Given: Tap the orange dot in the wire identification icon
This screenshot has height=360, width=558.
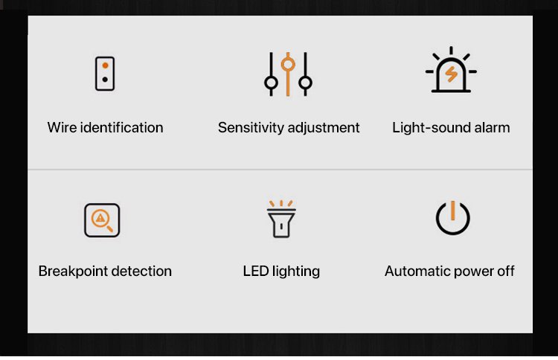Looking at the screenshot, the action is click(x=106, y=65).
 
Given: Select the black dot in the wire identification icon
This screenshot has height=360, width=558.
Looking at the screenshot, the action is click(x=105, y=80).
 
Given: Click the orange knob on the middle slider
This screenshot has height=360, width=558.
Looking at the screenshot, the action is click(x=288, y=65).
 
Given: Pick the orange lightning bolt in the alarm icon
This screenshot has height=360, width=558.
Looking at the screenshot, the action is click(x=452, y=74).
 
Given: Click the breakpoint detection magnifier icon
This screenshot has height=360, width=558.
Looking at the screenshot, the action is click(x=102, y=220).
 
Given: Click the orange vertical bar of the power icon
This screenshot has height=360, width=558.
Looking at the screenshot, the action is click(x=452, y=210).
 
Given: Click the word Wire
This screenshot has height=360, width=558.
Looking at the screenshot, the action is click(x=62, y=127).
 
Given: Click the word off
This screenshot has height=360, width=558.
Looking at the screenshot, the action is click(x=505, y=271).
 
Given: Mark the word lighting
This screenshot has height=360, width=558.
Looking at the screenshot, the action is click(x=296, y=271).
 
